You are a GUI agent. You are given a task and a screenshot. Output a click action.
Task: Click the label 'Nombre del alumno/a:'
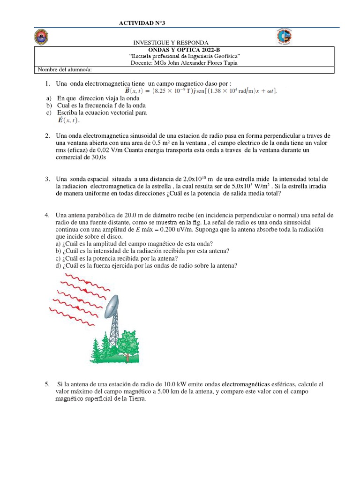point(65,70)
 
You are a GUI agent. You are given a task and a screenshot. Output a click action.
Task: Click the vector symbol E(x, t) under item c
point(68,120)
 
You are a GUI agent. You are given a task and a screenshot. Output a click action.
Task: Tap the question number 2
point(48,135)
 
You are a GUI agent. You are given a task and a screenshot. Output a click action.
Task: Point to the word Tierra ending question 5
point(135,399)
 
